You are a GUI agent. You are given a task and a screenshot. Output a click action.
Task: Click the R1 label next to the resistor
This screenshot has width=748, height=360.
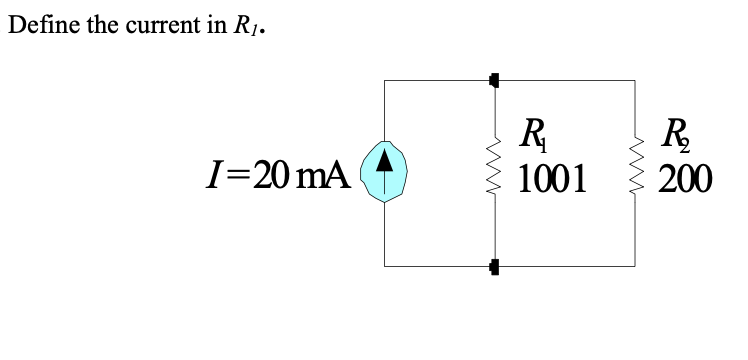[x=536, y=136]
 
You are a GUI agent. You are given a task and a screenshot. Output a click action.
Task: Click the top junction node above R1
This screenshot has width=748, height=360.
[x=493, y=78]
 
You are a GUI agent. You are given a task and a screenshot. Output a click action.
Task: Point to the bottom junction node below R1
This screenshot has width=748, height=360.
[x=493, y=266]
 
